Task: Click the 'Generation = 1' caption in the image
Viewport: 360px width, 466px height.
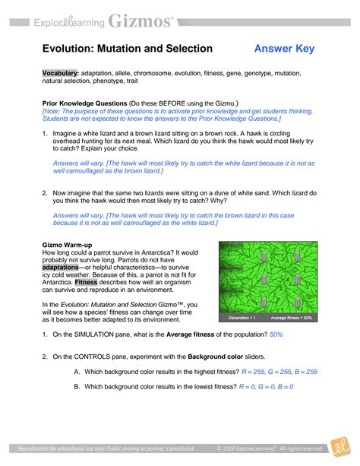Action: tap(242, 316)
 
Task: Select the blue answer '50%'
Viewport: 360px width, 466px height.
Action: tap(276, 334)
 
